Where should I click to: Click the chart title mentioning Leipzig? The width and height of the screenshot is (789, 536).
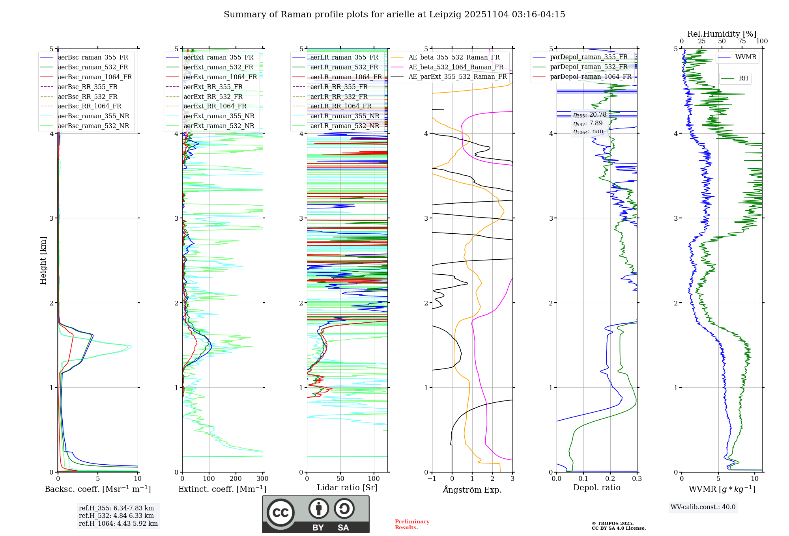(x=394, y=15)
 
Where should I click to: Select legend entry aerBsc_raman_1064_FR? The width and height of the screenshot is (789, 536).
(x=95, y=77)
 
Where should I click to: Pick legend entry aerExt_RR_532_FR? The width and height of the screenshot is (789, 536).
(x=213, y=97)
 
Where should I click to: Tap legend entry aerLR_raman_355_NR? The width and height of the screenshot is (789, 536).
(x=344, y=116)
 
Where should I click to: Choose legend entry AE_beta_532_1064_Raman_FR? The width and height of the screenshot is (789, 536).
(x=456, y=67)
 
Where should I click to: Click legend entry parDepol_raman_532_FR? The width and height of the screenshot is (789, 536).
(x=589, y=67)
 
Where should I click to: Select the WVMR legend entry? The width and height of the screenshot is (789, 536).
(x=746, y=57)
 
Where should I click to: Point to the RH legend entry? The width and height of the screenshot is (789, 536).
(x=743, y=78)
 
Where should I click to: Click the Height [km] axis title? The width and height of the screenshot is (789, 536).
(x=43, y=260)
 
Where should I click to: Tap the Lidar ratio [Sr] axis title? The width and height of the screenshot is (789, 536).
(x=347, y=488)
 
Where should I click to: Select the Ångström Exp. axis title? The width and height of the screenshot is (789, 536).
(x=472, y=489)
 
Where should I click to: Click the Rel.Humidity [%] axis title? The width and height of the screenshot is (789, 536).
(x=722, y=34)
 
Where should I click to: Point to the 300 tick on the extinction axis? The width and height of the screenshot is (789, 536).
(x=263, y=479)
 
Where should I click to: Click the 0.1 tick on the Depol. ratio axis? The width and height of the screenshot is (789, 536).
(x=583, y=479)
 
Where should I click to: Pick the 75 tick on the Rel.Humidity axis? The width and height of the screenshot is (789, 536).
(x=742, y=41)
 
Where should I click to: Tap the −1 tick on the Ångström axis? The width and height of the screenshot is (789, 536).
(x=432, y=479)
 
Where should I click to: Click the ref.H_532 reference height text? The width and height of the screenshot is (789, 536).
(x=116, y=516)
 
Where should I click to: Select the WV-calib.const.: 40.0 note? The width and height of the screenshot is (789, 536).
(x=703, y=507)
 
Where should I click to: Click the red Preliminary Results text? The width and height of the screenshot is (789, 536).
(x=412, y=525)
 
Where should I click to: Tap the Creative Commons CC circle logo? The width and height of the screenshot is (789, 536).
(x=280, y=512)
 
